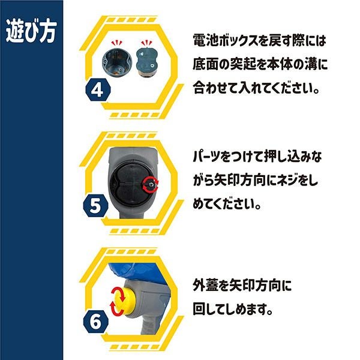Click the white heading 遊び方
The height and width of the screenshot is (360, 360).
point(31,31)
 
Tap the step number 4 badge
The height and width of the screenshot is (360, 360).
point(98,89)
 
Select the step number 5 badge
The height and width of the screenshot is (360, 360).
point(95,205)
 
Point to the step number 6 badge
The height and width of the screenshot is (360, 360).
point(95,322)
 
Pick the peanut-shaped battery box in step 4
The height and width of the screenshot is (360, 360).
point(147,62)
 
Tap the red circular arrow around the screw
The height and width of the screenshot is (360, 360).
point(150,184)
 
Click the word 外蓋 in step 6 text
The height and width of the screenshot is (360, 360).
point(205,285)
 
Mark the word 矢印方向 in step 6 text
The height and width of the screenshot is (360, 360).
point(256,285)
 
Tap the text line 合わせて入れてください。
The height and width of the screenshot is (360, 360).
point(256,88)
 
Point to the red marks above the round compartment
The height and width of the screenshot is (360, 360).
point(117,43)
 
